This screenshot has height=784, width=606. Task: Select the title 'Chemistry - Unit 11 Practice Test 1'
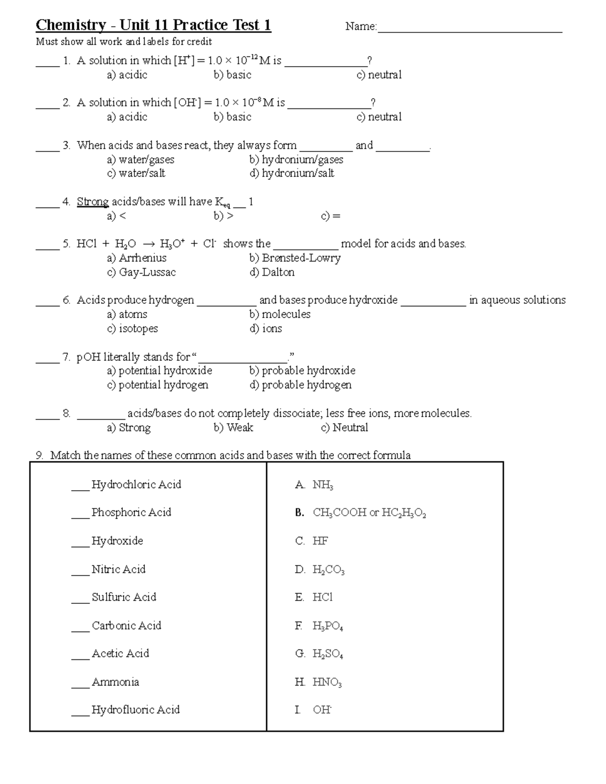click(x=154, y=25)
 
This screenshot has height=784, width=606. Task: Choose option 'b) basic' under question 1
click(x=232, y=75)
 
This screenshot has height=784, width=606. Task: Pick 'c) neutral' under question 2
click(x=379, y=117)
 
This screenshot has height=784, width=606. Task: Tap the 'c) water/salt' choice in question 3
click(x=136, y=173)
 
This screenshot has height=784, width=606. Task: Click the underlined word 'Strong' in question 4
click(x=92, y=202)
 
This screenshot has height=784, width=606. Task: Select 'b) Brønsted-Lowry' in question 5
click(x=295, y=258)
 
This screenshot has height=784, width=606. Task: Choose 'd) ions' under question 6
click(x=266, y=329)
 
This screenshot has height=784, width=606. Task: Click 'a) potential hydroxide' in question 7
click(x=160, y=371)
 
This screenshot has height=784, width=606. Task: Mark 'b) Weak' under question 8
click(x=233, y=428)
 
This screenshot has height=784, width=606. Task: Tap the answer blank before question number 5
click(x=47, y=247)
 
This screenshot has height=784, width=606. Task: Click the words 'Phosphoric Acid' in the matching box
click(x=131, y=512)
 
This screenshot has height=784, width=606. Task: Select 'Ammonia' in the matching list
click(x=115, y=682)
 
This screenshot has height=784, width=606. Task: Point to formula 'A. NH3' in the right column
click(x=314, y=485)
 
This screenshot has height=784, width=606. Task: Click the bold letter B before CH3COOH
click(x=299, y=513)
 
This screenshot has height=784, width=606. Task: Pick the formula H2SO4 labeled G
click(x=327, y=654)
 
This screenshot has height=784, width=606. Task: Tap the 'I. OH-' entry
click(x=313, y=710)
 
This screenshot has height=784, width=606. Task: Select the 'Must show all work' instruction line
click(x=124, y=42)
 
